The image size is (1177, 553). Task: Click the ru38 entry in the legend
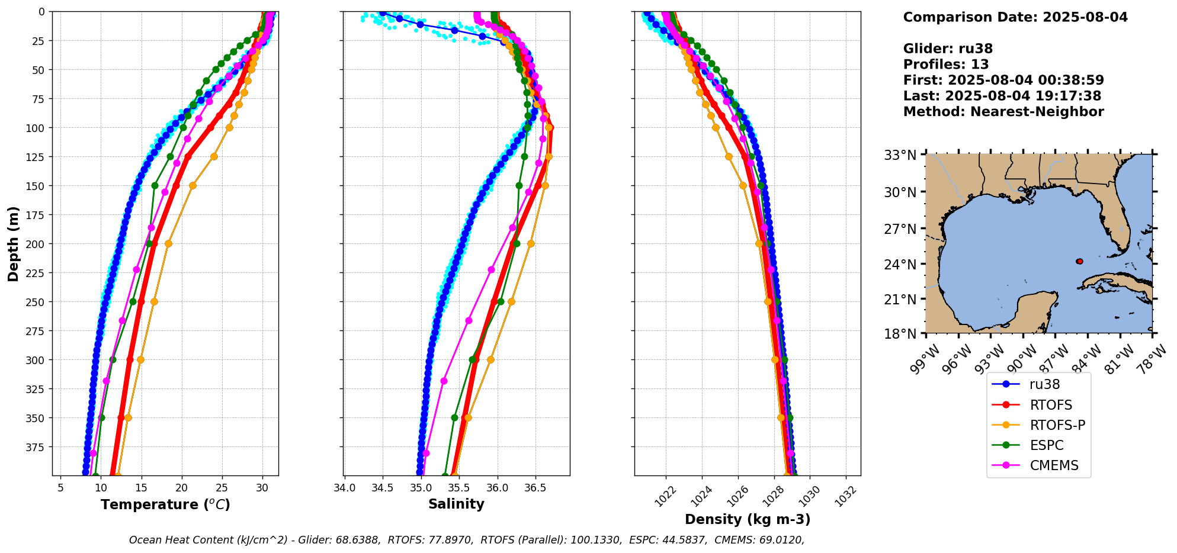click(x=1044, y=384)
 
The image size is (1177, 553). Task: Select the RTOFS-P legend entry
click(x=1057, y=425)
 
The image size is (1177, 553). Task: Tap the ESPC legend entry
click(x=1046, y=445)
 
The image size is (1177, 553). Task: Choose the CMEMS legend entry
click(x=1054, y=465)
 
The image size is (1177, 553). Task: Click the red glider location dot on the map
click(x=1079, y=261)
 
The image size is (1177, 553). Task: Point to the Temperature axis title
click(x=165, y=504)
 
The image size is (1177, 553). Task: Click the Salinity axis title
click(x=456, y=504)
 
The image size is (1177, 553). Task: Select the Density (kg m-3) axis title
click(x=748, y=519)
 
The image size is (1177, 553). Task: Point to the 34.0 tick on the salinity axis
click(x=344, y=488)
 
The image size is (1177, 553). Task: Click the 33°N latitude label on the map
click(x=900, y=155)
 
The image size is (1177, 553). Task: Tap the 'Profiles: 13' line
click(x=946, y=65)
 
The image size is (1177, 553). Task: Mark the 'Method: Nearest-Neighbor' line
click(x=1003, y=112)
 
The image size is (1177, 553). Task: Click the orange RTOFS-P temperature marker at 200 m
click(x=168, y=243)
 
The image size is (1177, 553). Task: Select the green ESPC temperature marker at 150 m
click(x=155, y=185)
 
